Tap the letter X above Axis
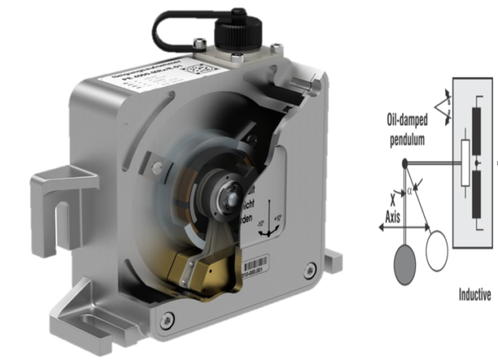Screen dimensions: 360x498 (403, 202)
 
